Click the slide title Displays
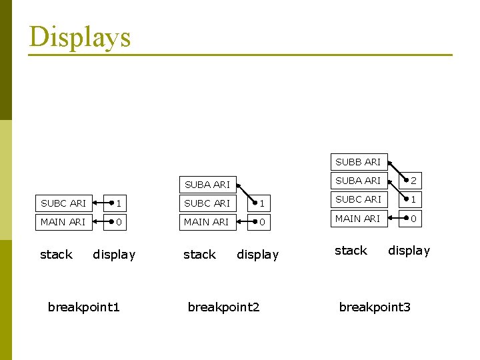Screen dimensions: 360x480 pos(80,37)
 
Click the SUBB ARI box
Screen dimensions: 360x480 pos(358,162)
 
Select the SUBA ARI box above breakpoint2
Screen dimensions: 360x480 pos(207,185)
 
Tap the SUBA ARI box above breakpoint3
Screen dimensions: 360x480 pos(358,181)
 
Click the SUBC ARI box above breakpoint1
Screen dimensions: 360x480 pos(63,203)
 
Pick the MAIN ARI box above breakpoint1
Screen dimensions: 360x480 pos(63,222)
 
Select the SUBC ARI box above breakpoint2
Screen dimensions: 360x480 pos(207,203)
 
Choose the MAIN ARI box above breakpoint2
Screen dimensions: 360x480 pos(207,222)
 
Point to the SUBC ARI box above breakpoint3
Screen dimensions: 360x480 pos(358,199)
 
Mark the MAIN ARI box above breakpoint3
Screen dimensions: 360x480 pos(358,218)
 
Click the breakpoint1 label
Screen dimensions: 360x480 pos(84,307)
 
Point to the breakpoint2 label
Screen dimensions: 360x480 pos(224,307)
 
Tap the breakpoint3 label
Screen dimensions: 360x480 pos(375,307)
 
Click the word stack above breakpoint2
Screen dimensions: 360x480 pos(199,255)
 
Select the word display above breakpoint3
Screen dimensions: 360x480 pos(409,251)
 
